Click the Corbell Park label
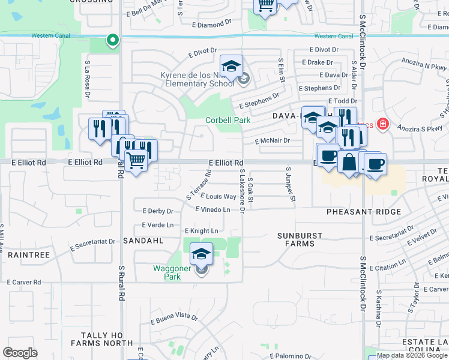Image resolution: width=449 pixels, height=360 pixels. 228,120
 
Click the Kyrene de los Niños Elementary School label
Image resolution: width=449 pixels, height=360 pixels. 197,79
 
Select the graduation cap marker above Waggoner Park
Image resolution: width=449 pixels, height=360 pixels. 202,254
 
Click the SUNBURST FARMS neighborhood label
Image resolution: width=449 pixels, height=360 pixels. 300,239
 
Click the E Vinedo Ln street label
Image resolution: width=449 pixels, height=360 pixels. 213,209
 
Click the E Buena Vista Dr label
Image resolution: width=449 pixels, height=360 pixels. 174,318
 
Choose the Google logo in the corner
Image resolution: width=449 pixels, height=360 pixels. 20,353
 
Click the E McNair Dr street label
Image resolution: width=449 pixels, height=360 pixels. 272,140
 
